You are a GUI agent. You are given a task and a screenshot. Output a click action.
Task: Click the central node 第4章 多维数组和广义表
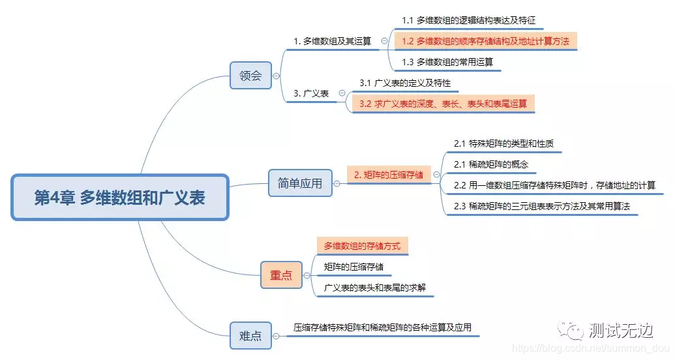coord(120,197)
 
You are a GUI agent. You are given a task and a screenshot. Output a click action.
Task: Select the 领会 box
coord(250,75)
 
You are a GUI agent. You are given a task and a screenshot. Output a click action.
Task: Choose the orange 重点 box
coord(281,275)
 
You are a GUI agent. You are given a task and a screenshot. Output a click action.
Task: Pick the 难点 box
coord(250,336)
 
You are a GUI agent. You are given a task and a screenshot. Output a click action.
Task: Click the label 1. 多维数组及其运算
coord(332,40)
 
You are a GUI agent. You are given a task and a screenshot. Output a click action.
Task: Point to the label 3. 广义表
coord(311,93)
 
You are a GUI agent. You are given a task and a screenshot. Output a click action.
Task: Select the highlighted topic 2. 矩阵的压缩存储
coord(388,174)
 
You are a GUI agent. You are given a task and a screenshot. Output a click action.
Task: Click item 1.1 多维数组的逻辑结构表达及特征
coord(468,21)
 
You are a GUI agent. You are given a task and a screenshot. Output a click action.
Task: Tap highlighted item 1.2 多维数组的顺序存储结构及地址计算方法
coord(485,41)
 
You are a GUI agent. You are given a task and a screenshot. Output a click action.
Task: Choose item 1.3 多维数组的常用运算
coord(447,62)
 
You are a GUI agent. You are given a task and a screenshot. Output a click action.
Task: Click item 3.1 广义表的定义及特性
coord(404,83)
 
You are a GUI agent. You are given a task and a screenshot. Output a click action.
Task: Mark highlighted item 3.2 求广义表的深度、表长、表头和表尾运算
coord(443,104)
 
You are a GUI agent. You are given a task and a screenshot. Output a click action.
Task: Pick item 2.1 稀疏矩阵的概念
coord(490,164)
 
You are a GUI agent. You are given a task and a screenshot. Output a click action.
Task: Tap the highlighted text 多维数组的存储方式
coord(362,246)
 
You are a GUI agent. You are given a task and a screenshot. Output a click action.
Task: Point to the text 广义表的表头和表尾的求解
coord(370,287)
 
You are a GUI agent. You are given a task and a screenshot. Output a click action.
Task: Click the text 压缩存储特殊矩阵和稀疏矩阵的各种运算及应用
coord(382,327)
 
